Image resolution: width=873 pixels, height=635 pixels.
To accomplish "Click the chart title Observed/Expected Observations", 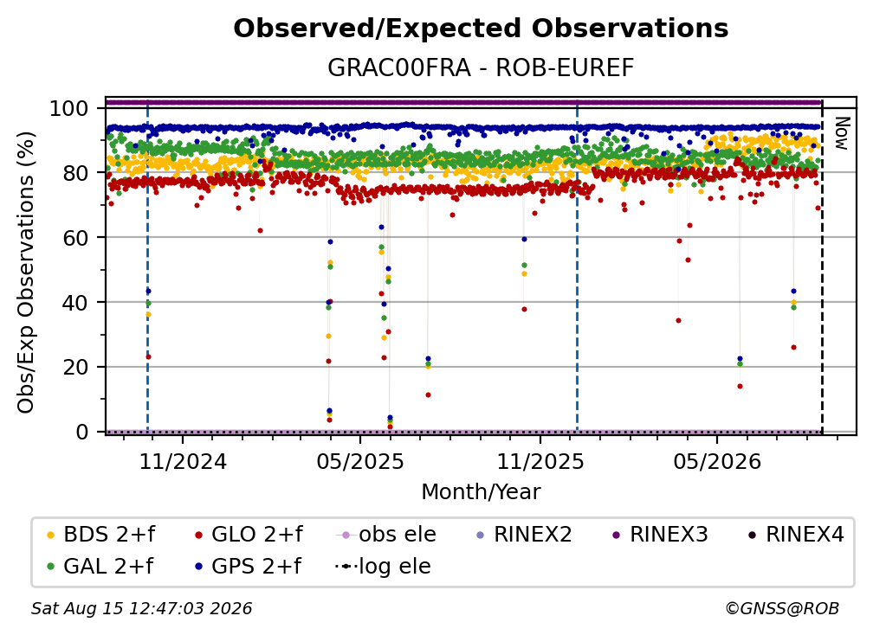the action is pos(481,29).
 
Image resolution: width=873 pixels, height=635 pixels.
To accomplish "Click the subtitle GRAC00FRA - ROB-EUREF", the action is pos(481,67).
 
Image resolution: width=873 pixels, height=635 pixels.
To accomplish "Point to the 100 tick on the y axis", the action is pos(68,108).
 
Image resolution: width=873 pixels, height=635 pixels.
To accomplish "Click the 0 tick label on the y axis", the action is pos(81,432).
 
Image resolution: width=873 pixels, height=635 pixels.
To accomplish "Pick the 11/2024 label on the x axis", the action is pos(183,461).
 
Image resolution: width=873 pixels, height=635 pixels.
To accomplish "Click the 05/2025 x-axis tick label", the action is pos(360,461).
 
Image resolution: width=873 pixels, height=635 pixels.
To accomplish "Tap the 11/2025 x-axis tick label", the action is pos(540,461).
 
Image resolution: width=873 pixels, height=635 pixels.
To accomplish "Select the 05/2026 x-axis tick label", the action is pos(716,461).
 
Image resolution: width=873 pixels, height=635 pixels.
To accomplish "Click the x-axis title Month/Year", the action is pos(481,492).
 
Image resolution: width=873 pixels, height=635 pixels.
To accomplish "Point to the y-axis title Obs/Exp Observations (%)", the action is pos(26,273).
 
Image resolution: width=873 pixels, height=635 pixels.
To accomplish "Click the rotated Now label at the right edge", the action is pos(841,133).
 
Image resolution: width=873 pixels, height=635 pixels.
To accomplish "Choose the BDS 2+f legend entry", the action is pos(100,535).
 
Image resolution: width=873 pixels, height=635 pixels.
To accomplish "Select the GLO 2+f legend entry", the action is pos(249,535).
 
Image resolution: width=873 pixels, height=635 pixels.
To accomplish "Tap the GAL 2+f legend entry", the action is pos(100,566).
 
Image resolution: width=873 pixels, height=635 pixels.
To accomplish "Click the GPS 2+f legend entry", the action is pos(248,566).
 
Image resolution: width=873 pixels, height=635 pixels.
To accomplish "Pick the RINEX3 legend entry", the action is pos(660,535).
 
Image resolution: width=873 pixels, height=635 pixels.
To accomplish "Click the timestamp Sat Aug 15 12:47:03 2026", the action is pos(141,608).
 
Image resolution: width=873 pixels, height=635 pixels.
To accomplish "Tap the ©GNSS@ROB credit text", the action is pos(782,608).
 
